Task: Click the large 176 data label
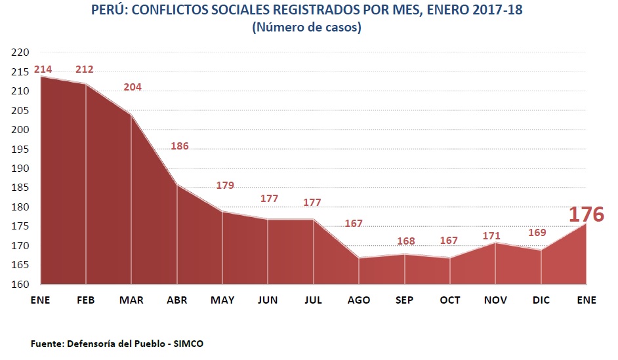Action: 586,214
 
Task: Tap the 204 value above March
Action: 132,87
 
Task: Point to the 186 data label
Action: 179,146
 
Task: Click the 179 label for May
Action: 225,186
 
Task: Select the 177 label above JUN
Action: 269,198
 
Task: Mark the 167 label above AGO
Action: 354,224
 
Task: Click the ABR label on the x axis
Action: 177,300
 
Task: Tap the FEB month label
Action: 86,300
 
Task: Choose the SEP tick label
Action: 405,300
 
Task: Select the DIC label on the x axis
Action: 541,300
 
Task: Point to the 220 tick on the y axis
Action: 22,52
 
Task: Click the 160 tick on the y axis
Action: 22,285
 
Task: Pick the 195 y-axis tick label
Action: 22,149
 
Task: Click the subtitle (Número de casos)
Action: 306,28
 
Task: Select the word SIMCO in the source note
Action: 188,344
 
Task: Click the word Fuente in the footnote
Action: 47,344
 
